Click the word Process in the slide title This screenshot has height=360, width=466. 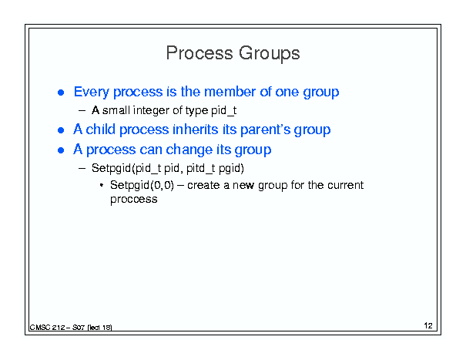click(199, 53)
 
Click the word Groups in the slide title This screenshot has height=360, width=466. click(270, 54)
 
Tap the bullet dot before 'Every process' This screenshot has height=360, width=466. click(61, 93)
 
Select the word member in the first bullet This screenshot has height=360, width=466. click(230, 92)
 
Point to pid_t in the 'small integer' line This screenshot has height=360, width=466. click(224, 111)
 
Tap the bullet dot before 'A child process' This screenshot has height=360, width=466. click(61, 130)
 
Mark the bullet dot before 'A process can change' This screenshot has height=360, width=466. click(61, 150)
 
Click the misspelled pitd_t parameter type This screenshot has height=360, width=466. click(200, 168)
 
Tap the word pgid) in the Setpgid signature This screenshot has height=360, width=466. click(231, 169)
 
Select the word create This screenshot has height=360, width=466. click(203, 185)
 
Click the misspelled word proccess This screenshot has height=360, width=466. click(134, 200)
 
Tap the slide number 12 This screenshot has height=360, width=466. click(428, 325)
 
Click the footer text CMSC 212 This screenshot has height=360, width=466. click(47, 328)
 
